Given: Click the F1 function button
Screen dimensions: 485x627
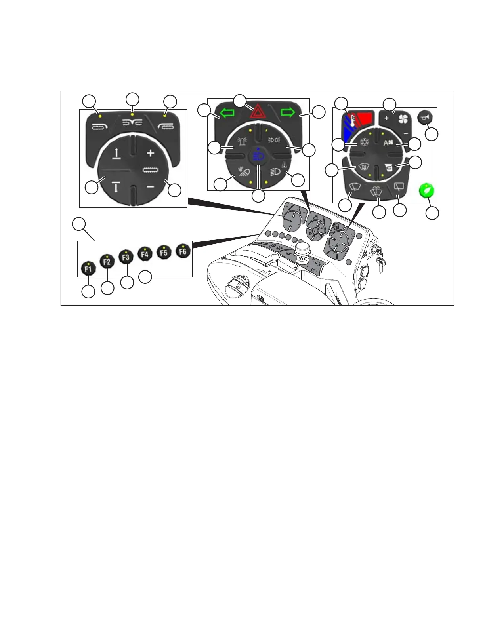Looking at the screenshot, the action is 88,269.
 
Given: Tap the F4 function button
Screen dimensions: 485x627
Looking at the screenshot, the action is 145,254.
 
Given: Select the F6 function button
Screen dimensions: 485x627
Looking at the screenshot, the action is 183,251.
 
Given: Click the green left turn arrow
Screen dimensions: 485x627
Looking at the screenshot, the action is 227,114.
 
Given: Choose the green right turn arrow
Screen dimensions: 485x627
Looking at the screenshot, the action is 288,113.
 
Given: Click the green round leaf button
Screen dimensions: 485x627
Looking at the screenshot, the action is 426,191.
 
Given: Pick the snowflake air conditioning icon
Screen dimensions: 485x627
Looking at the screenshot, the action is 364,142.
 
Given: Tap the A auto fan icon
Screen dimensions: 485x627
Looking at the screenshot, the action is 388,143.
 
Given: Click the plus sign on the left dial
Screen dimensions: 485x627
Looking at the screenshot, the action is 150,153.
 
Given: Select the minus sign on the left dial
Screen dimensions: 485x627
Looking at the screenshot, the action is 151,186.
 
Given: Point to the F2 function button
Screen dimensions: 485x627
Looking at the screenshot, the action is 107,262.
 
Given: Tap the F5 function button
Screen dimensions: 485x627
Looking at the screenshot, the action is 164,252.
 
